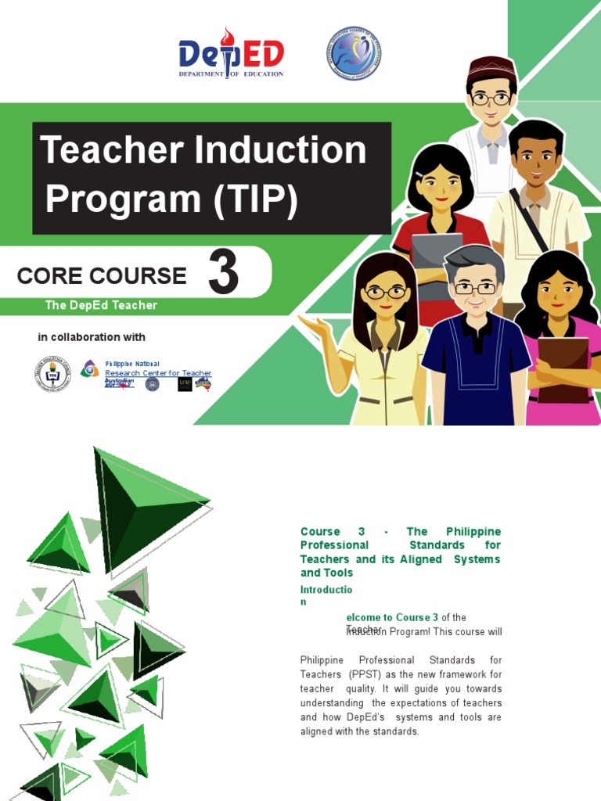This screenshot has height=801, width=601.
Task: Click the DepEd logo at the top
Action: [231, 53]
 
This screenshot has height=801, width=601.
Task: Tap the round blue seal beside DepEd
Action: [353, 53]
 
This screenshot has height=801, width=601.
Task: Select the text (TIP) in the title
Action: [254, 199]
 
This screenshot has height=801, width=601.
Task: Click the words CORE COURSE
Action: [102, 275]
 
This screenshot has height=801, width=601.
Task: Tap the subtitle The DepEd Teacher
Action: [101, 305]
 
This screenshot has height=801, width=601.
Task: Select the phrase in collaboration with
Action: [92, 337]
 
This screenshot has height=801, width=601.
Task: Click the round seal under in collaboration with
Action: [52, 374]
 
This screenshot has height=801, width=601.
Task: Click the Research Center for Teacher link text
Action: [158, 373]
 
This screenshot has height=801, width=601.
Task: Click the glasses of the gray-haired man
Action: [475, 288]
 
